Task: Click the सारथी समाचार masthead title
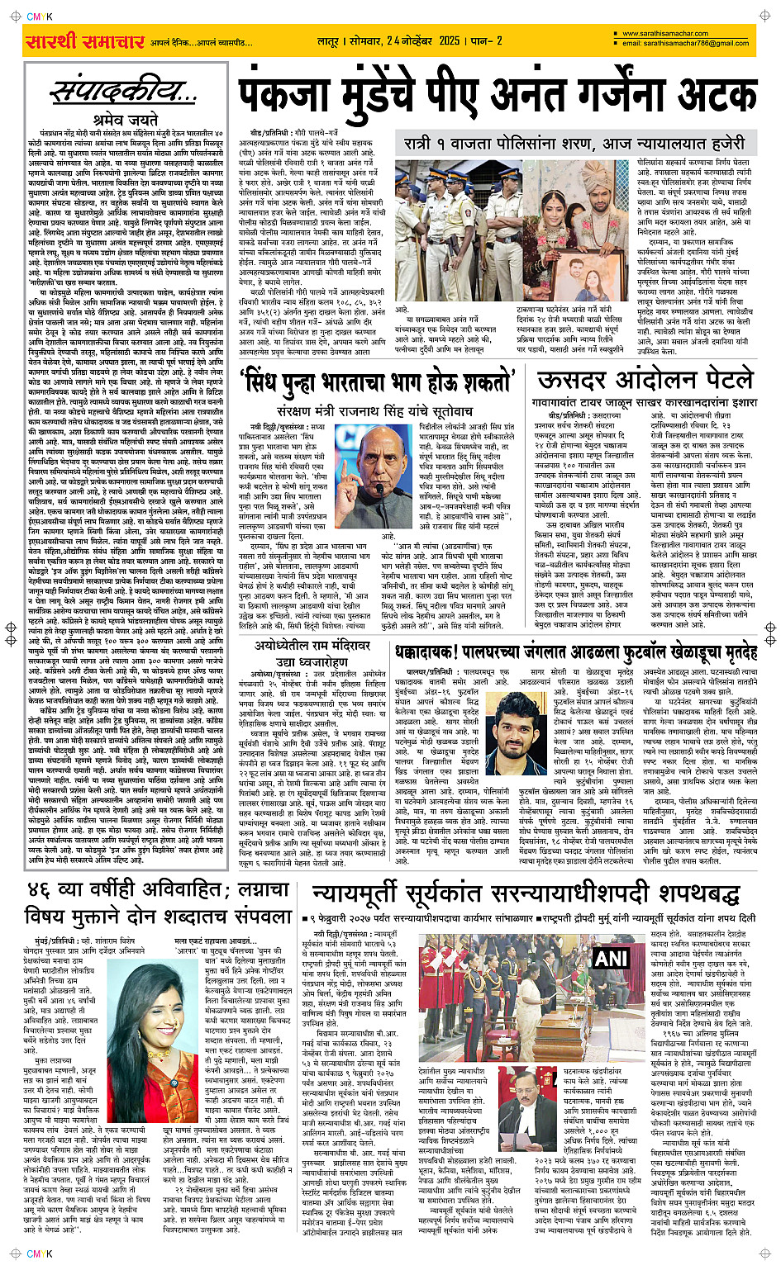[86, 41]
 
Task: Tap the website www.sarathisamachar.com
[665, 34]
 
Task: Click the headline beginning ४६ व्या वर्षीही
[157, 890]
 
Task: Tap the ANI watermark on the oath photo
[611, 958]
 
